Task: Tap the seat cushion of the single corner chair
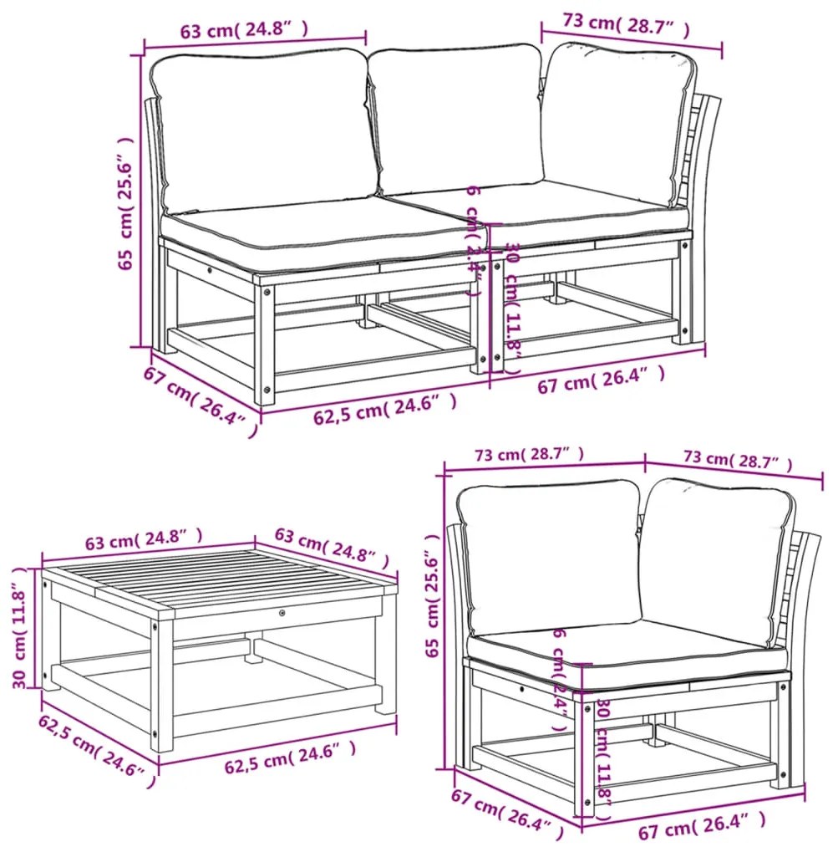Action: click(627, 649)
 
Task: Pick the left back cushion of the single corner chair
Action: click(550, 556)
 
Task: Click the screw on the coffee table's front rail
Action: click(282, 615)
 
